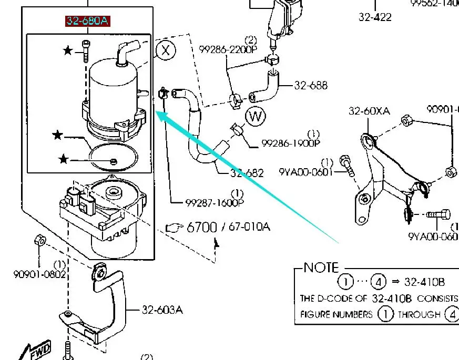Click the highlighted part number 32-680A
pyautogui.click(x=88, y=21)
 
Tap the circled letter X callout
pyautogui.click(x=166, y=50)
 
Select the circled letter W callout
pyautogui.click(x=256, y=116)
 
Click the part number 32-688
pyautogui.click(x=311, y=85)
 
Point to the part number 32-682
pyautogui.click(x=246, y=173)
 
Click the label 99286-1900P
pyautogui.click(x=291, y=143)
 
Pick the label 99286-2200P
pyautogui.click(x=228, y=49)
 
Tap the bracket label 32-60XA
pyautogui.click(x=369, y=111)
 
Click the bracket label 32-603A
pyautogui.click(x=162, y=310)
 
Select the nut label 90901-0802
pyautogui.click(x=40, y=274)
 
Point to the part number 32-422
pyautogui.click(x=375, y=17)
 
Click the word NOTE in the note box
pyautogui.click(x=321, y=268)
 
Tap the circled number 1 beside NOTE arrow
pyautogui.click(x=345, y=282)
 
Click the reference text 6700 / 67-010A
pyautogui.click(x=228, y=227)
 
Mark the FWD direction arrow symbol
pyautogui.click(x=38, y=351)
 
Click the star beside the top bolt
pyautogui.click(x=68, y=50)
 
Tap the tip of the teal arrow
pyautogui.click(x=158, y=112)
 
